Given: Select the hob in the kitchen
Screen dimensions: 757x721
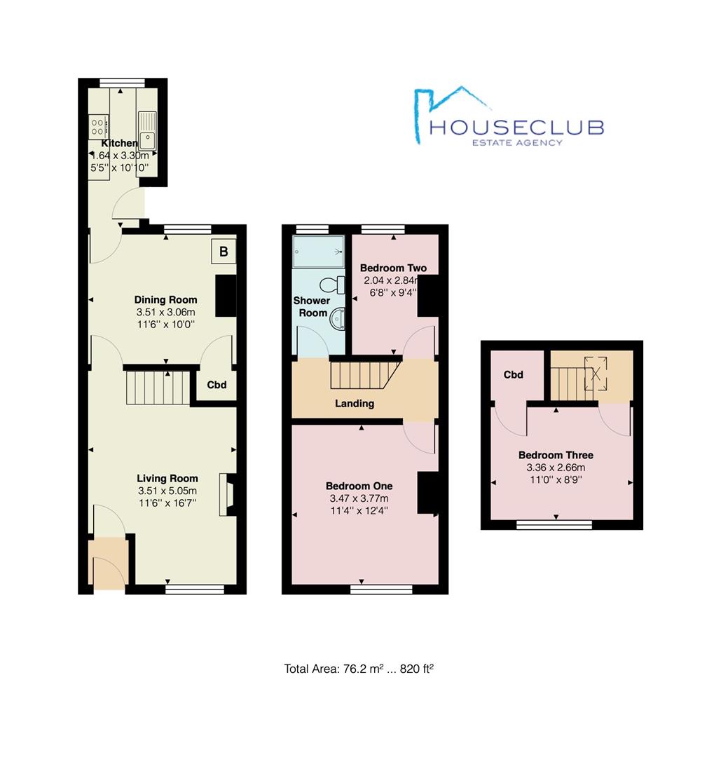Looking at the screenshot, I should coord(98,127).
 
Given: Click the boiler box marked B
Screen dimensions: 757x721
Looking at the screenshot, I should coord(224,251).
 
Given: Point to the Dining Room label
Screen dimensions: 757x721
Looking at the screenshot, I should coord(166,300).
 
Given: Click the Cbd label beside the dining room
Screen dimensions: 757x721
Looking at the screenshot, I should coord(217,385).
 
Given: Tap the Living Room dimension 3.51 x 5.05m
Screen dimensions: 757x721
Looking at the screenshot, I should coord(167,491).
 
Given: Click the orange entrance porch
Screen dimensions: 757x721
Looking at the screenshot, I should coord(107,561).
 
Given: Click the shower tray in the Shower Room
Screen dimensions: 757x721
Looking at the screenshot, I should coord(319,250).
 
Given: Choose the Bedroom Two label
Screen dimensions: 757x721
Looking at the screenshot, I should coord(392,268).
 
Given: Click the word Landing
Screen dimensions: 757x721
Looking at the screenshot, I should coord(354,403).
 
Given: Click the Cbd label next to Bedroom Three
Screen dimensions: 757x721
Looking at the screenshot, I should coord(514,375).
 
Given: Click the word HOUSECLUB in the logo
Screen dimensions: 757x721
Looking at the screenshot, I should coord(516,127).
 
